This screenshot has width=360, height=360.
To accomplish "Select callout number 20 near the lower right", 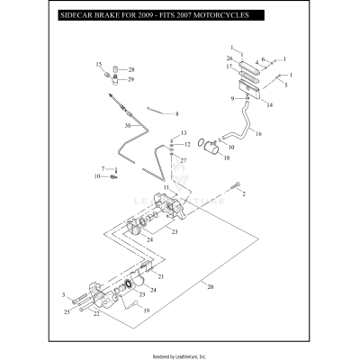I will [211, 287].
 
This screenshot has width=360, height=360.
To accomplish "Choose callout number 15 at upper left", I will [99, 65].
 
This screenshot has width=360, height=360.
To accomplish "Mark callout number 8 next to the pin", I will [176, 114].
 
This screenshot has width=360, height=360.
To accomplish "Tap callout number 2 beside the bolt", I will [243, 193].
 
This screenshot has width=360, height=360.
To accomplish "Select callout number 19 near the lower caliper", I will [147, 310].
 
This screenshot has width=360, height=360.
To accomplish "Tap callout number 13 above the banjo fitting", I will [183, 133].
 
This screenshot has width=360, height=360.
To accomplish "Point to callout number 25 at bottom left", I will [67, 312].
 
